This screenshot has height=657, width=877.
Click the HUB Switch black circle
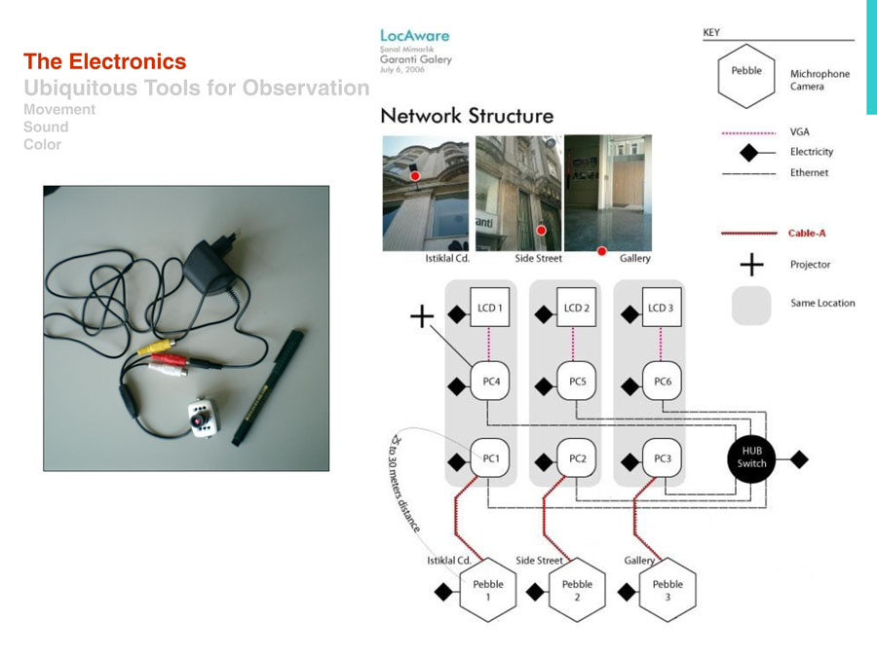752,457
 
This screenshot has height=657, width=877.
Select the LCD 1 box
489,308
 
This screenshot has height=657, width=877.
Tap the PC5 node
577,382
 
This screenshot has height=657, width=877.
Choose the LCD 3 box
660,308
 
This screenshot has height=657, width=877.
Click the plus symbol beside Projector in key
750,265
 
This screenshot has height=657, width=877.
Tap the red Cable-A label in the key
806,234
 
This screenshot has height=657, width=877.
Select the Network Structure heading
467,116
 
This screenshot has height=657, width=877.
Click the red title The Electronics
104,62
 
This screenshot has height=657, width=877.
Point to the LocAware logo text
415,35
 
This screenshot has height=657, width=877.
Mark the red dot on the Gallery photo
601,250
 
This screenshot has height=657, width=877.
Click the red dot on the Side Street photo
541,231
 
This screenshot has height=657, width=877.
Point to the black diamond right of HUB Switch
799,458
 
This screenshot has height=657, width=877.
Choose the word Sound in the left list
46,128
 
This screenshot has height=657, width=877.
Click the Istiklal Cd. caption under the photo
448,259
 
